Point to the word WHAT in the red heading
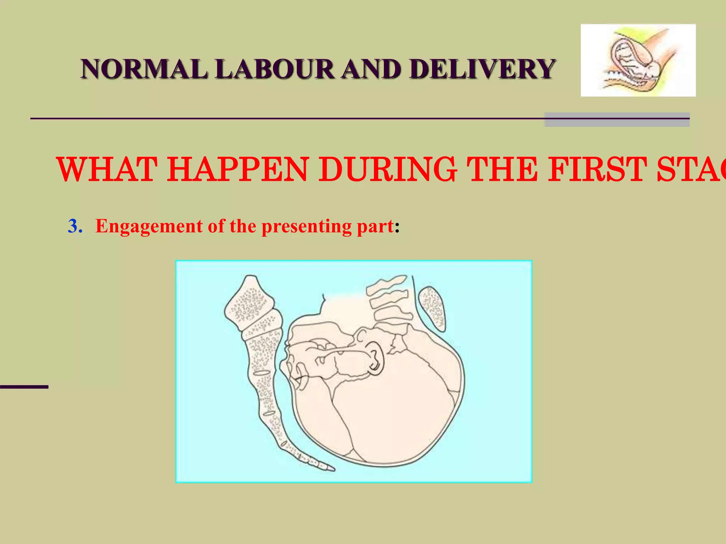coord(106,170)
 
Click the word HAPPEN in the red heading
coord(238,170)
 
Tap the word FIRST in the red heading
coord(595,170)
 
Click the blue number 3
coord(75,226)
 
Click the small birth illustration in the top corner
coord(638,60)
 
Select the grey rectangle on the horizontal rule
coord(616,120)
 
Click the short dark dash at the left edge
coord(24,387)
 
